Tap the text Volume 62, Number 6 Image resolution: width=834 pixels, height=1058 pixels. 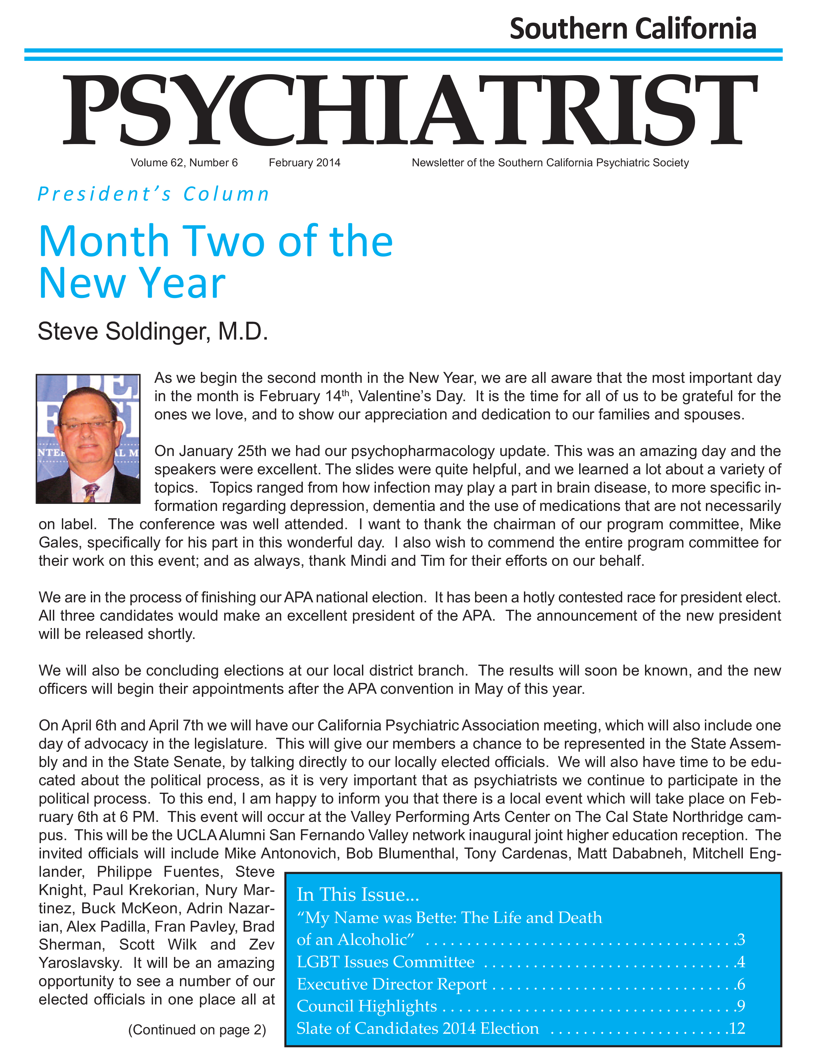(x=184, y=163)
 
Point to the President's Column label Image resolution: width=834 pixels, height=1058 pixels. (x=153, y=194)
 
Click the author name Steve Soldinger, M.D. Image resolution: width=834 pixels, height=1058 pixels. (x=153, y=332)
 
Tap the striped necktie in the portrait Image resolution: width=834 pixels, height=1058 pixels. (x=90, y=492)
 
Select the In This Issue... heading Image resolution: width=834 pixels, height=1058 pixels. (x=358, y=894)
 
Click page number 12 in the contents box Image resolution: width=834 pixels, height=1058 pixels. (x=737, y=1028)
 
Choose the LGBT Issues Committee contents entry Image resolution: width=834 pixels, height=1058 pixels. (x=386, y=962)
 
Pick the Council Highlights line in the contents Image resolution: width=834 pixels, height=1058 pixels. (x=367, y=1006)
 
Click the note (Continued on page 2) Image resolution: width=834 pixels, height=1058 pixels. (x=197, y=1030)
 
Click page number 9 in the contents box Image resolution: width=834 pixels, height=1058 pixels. (x=741, y=1006)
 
